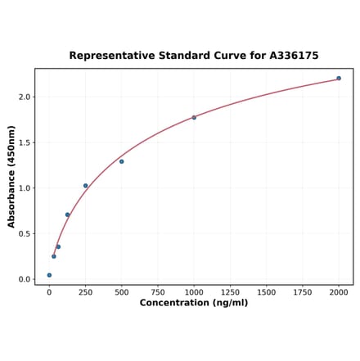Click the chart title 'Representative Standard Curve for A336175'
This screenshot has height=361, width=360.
194,56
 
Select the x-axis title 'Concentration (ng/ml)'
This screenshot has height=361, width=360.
194,303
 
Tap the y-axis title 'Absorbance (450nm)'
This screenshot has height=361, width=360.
11,177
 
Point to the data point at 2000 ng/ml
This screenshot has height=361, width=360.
339,79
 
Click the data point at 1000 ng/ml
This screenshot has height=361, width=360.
194,118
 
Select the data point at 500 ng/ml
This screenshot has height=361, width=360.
122,161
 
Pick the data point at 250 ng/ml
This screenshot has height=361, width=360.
85,186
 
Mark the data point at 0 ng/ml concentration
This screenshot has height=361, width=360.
49,275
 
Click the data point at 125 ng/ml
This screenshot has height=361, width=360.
67,214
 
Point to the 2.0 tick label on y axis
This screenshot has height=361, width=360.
24,97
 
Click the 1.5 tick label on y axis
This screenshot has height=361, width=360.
24,142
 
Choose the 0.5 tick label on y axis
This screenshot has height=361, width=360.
24,233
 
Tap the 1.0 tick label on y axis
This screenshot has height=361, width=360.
24,188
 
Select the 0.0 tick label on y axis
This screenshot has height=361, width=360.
24,279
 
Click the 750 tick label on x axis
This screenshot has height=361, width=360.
158,291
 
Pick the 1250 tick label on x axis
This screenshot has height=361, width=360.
230,291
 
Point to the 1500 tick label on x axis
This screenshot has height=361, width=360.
266,291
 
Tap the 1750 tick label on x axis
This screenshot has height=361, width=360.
303,291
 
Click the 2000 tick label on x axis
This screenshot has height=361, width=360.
339,291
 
